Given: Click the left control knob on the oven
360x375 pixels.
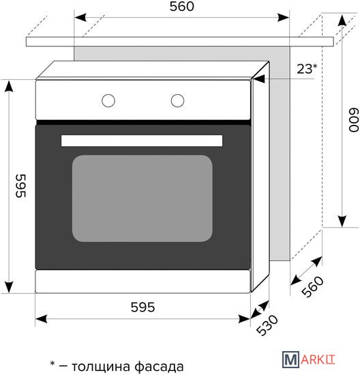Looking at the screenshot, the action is pos(108,100).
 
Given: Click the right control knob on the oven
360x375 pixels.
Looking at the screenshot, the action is pos(177,100).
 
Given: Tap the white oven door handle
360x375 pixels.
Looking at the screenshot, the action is pos(142,140).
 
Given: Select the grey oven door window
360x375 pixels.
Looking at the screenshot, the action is pos(142,198).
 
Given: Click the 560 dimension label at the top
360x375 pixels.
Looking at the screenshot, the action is pos(182,6).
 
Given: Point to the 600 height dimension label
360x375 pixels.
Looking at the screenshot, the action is pos(354,120).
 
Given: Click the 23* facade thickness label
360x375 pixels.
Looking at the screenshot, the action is pos(307,69).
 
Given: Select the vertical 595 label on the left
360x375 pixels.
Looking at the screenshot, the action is pos(21,186).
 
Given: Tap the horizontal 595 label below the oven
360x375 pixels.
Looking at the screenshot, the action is pos(142,307).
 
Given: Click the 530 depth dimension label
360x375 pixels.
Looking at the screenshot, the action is pos(267,325).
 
